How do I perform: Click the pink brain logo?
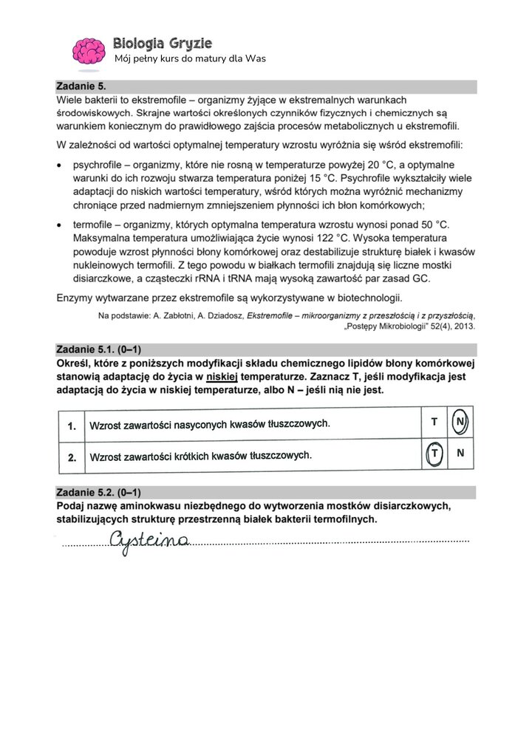88,49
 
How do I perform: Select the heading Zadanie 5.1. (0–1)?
98,349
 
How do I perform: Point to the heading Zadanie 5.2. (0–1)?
98,493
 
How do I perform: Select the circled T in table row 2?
434,454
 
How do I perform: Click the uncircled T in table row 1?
434,422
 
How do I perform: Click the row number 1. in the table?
72,426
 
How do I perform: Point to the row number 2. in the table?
72,457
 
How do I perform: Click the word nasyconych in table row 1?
178,425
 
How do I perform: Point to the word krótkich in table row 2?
187,457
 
